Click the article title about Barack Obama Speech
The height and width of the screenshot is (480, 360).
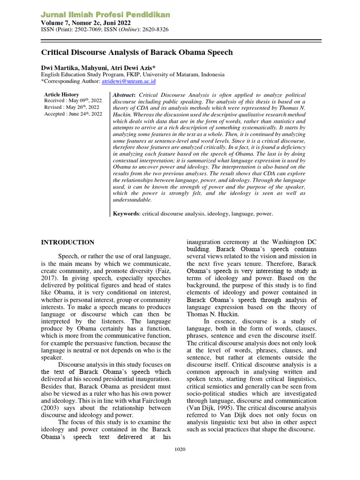137,52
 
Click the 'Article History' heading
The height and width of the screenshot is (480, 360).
61,95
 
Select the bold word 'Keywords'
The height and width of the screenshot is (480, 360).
127,214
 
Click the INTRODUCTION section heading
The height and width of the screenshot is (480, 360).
67,242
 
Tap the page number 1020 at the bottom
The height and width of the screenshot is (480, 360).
180,450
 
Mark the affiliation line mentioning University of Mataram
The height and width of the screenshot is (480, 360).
133,75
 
